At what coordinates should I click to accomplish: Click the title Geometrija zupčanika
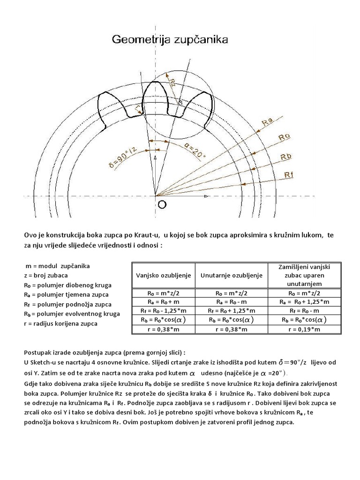coord(169,40)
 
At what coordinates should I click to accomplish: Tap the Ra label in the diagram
coord(268,122)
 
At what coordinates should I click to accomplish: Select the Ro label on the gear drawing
coord(285,137)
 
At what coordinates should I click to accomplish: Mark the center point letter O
coord(161,204)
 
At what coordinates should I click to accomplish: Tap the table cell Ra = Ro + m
coord(164,301)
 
